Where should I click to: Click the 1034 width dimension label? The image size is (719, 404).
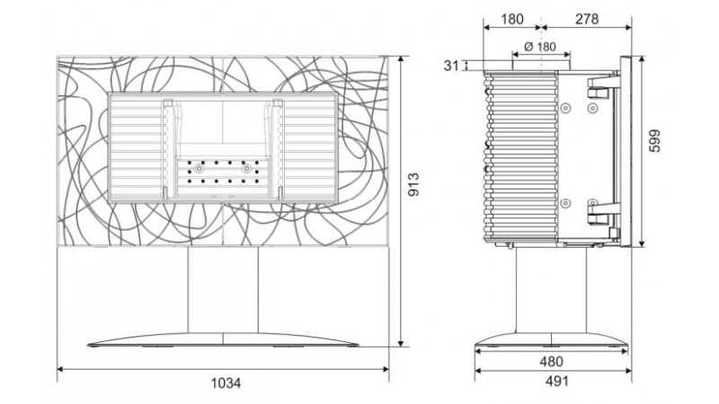tap(226, 382)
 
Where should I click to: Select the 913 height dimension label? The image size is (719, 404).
tap(413, 184)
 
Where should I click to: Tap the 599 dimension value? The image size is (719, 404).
tap(655, 141)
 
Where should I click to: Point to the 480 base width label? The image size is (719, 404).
tap(551, 362)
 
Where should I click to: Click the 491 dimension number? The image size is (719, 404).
tap(556, 381)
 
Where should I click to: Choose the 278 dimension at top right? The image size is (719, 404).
tap(587, 19)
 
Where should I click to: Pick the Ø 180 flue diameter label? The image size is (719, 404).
tap(540, 47)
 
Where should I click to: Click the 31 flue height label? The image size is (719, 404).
tap(451, 66)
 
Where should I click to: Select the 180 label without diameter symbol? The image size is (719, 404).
tap(511, 19)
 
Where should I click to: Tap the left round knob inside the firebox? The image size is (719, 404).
tap(199, 169)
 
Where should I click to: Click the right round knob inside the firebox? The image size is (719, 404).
tap(246, 169)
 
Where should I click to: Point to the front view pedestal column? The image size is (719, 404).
tap(223, 290)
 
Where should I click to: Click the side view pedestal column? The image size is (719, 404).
tap(551, 290)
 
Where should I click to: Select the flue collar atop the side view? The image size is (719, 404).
tap(541, 66)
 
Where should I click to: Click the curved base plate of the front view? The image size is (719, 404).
tap(223, 339)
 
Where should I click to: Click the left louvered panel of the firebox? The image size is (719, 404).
tap(137, 148)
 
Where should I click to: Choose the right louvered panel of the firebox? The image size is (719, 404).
tap(309, 148)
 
